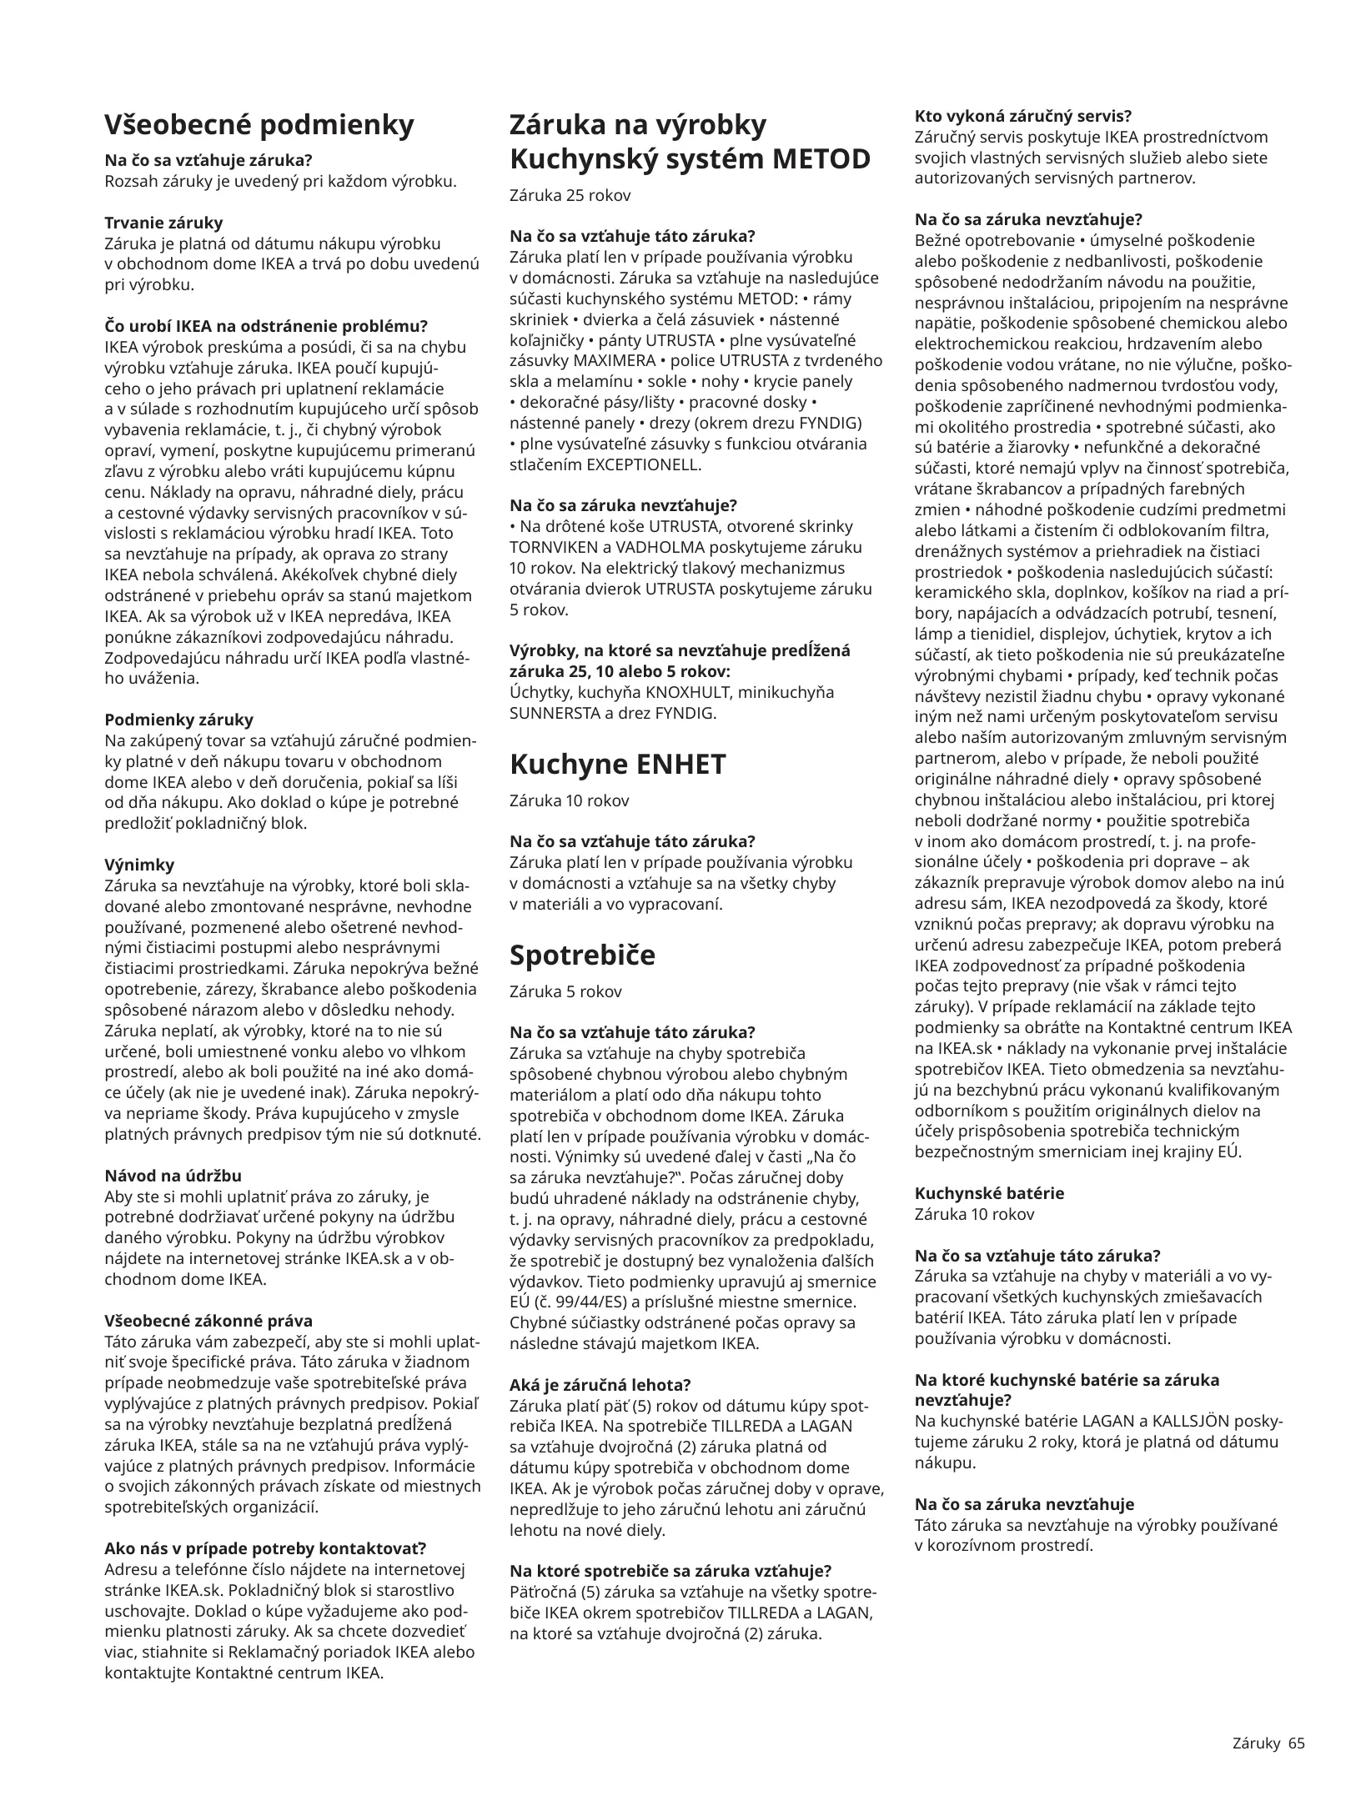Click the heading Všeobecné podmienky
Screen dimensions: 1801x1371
point(259,125)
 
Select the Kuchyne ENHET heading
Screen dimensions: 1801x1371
point(617,764)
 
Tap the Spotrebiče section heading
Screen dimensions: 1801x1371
point(582,955)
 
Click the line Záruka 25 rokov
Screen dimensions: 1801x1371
point(570,196)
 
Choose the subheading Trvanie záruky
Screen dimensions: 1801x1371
point(163,223)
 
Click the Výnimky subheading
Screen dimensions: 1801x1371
point(139,865)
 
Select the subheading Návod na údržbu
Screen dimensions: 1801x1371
point(173,1176)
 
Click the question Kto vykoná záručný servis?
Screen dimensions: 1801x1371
point(1023,116)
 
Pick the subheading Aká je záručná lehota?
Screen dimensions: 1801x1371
point(600,1385)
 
